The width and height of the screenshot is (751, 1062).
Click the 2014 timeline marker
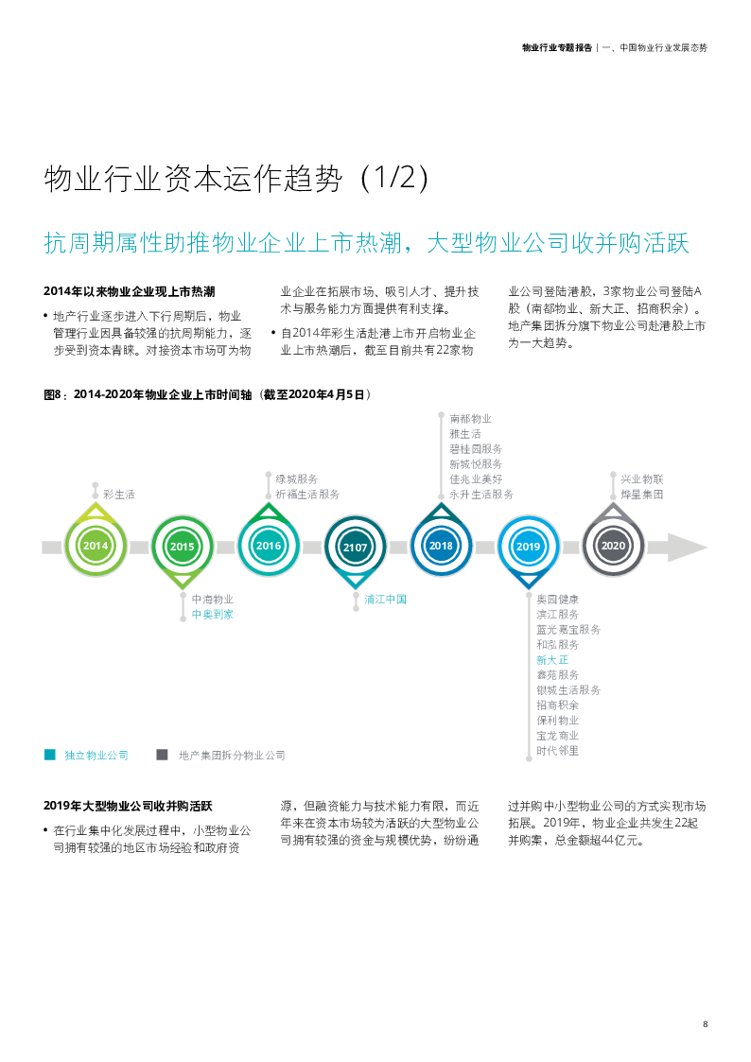click(x=96, y=546)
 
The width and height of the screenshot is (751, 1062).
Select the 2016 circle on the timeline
click(x=269, y=546)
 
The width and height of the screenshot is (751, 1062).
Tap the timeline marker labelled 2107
click(x=356, y=547)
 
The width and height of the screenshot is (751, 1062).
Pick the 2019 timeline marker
click(x=528, y=547)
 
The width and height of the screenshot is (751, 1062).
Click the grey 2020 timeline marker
click(x=613, y=546)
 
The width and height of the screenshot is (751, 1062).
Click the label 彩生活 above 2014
click(x=119, y=494)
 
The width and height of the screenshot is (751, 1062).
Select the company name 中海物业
click(x=212, y=599)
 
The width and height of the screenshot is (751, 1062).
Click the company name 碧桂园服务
click(x=476, y=448)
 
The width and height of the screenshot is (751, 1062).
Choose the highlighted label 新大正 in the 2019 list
click(x=552, y=659)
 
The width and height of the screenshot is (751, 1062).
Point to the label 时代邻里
click(x=557, y=750)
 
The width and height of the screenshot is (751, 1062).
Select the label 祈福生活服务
click(x=306, y=494)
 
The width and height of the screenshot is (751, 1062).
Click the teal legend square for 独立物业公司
click(x=50, y=755)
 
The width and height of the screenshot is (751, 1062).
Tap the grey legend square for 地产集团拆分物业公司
click(x=163, y=755)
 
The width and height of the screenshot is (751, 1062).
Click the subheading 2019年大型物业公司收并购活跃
click(x=128, y=807)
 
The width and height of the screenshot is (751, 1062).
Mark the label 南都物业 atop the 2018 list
click(x=470, y=418)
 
